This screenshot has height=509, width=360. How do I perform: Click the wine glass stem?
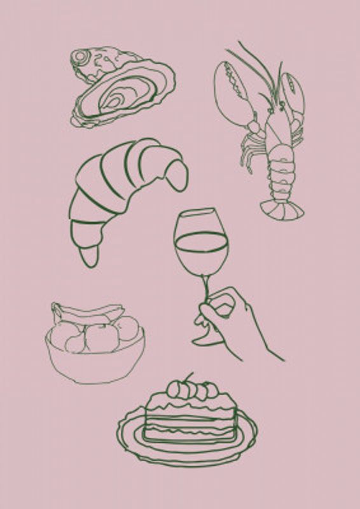[206, 289]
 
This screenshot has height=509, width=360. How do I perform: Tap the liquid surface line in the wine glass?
[201, 235]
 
